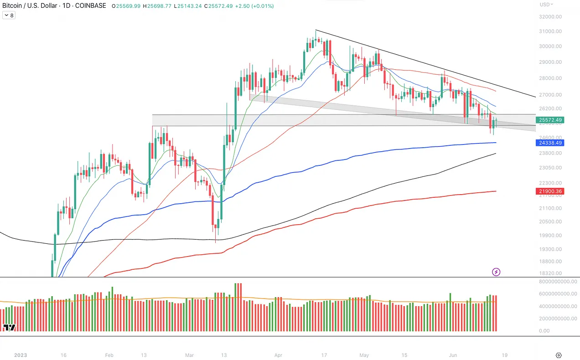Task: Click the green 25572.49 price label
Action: coord(550,120)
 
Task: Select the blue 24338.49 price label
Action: coord(550,143)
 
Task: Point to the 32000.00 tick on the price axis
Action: coord(550,17)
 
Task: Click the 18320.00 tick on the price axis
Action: coord(550,273)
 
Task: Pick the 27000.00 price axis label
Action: coord(550,95)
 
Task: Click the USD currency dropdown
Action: coord(546,5)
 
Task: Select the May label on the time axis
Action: coord(363,355)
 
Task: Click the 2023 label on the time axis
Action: coord(21,355)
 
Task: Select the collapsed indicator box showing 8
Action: coord(9,15)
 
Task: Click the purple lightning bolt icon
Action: coord(497,272)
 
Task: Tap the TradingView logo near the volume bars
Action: coord(9,327)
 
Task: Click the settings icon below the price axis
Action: coord(559,355)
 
